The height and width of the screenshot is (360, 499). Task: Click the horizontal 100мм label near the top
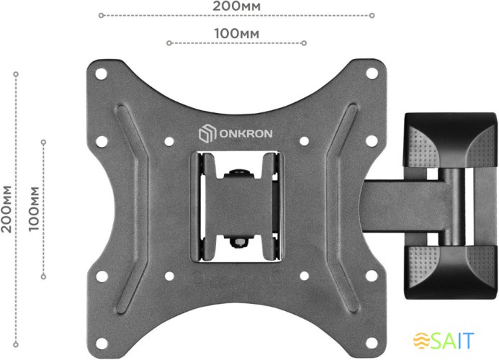tap(237, 33)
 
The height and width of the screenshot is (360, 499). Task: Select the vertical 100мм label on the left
tap(33, 207)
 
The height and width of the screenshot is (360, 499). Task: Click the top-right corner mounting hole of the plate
tap(372, 72)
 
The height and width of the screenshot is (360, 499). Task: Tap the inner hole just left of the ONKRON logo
tap(169, 140)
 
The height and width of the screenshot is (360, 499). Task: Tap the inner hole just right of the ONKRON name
tap(303, 140)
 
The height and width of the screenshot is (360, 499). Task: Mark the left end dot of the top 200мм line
tap(101, 14)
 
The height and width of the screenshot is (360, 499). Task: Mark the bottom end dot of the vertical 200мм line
tap(16, 341)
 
